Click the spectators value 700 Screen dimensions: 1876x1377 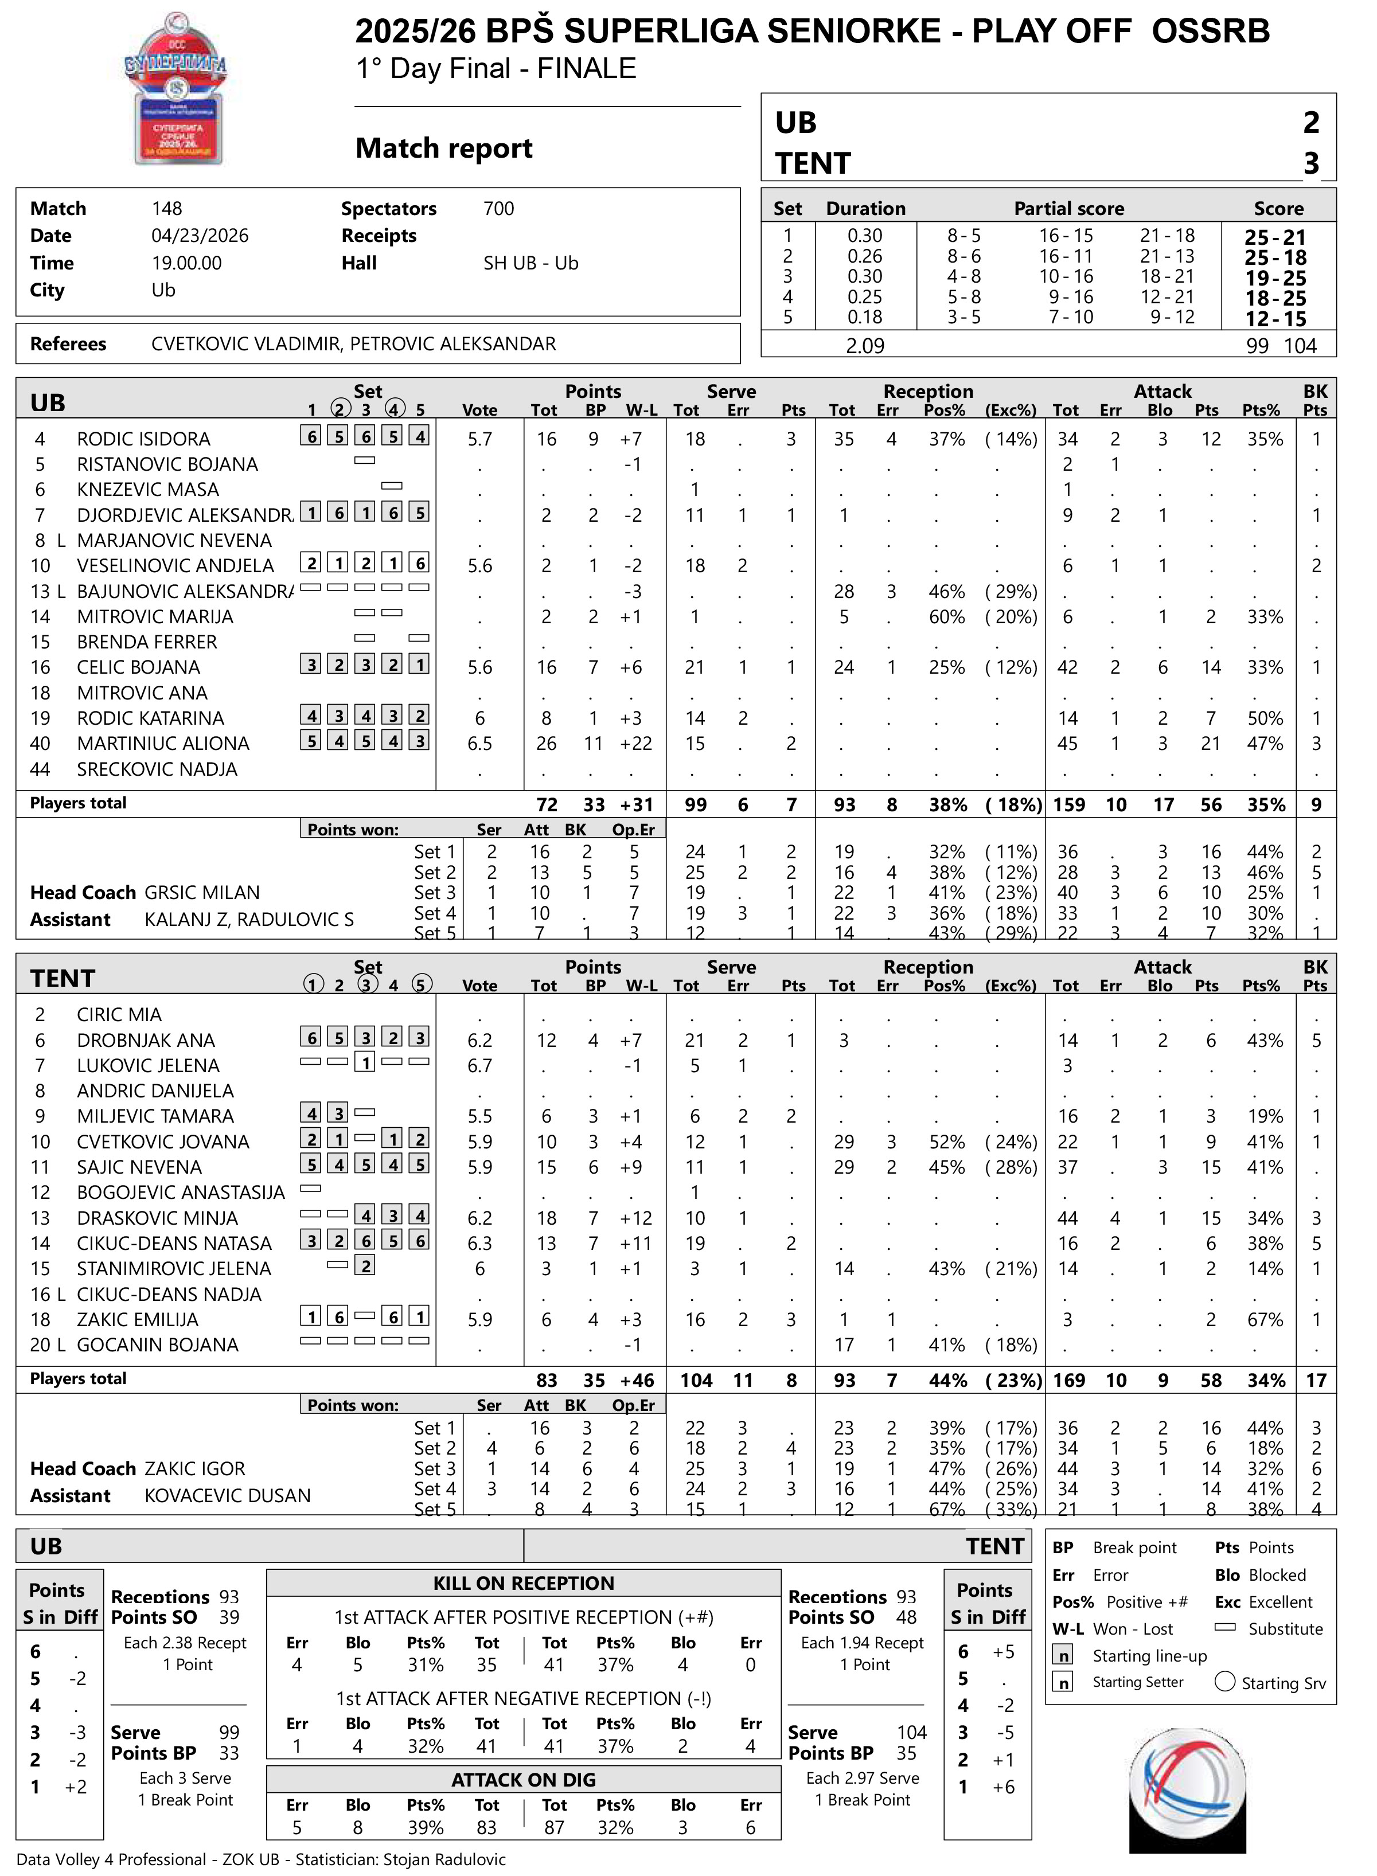498,208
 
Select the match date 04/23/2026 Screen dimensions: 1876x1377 200,236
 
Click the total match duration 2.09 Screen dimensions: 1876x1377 865,346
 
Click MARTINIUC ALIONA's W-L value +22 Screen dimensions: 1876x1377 636,744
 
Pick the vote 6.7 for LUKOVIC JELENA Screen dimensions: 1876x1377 480,1066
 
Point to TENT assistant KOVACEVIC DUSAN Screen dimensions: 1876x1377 228,1496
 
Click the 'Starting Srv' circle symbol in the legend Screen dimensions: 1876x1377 1224,1682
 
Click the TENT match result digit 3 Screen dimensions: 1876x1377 1311,163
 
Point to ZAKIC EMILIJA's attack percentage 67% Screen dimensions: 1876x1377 1265,1320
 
